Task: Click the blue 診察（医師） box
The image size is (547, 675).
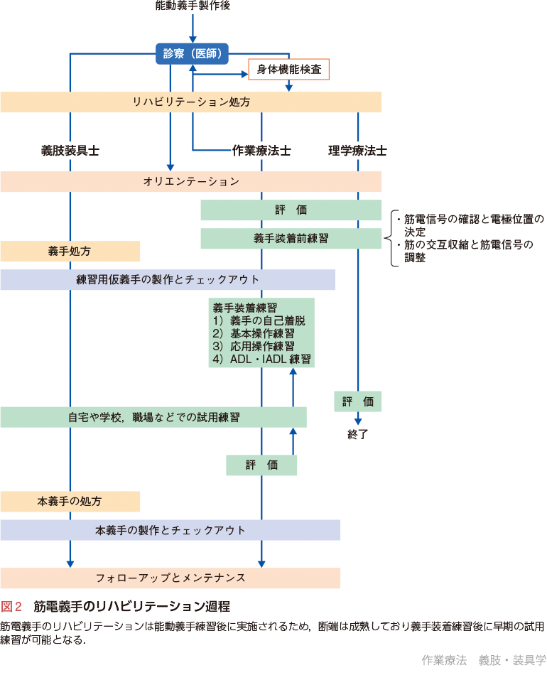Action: (x=192, y=53)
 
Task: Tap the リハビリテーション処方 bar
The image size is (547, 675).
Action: (x=190, y=102)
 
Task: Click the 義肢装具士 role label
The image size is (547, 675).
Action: (x=70, y=151)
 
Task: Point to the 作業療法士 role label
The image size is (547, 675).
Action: (x=261, y=151)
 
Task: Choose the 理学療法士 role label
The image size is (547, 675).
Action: (x=357, y=151)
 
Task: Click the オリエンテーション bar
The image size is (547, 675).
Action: (x=190, y=181)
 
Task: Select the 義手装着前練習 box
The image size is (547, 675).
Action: (x=291, y=239)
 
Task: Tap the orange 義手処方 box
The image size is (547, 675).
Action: (x=70, y=251)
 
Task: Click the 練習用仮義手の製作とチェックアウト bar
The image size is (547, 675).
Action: (x=168, y=279)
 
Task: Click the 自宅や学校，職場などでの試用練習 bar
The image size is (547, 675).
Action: (x=153, y=417)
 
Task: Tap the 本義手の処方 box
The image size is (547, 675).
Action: (x=70, y=502)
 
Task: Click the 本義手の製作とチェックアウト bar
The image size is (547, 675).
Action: (x=170, y=530)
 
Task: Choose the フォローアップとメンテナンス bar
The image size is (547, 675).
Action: (x=170, y=578)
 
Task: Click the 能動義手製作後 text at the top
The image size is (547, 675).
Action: (x=192, y=6)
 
